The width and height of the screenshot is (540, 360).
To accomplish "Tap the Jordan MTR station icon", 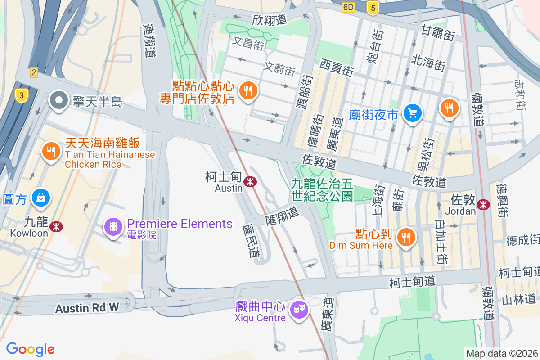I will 484,204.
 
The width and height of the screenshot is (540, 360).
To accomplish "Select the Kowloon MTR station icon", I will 56,226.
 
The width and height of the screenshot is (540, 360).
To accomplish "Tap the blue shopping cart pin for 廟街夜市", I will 412,112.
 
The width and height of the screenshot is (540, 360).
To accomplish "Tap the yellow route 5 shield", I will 372,8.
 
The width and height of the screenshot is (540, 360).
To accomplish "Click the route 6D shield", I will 348,7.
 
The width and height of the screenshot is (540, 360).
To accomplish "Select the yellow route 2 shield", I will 33,72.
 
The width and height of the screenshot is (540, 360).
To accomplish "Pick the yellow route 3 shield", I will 20,95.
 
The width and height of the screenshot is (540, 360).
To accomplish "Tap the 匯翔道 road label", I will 282,215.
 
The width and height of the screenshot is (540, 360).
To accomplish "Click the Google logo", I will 30,349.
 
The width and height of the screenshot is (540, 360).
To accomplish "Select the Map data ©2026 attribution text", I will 501,353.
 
